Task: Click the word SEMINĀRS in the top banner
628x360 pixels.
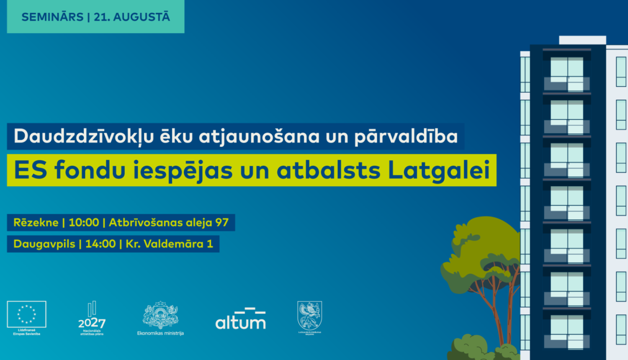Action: coord(52,17)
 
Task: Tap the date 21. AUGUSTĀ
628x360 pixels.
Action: coord(132,17)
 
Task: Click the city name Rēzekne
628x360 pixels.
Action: coord(36,223)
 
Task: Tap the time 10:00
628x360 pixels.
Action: coord(84,223)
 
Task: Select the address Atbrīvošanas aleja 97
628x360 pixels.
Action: coord(169,223)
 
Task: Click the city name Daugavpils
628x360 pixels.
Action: coord(44,244)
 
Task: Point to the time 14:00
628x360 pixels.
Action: coord(100,244)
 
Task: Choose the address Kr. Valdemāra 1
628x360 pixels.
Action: coord(169,244)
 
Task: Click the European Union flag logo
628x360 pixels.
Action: coord(26,314)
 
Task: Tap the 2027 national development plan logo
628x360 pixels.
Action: coord(92,318)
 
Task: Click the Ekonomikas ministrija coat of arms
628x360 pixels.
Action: coord(160,316)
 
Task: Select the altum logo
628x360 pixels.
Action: coord(240,319)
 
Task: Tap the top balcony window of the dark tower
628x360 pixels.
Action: coord(567,73)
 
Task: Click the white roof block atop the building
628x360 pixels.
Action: coord(582,40)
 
